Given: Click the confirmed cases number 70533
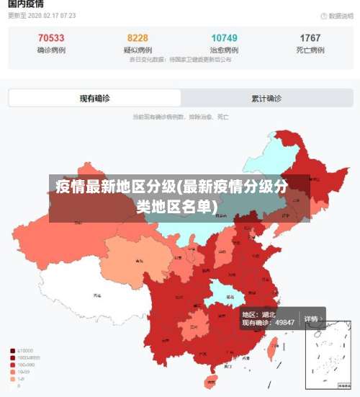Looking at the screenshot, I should pyautogui.click(x=50, y=37).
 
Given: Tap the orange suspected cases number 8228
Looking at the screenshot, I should pyautogui.click(x=138, y=37).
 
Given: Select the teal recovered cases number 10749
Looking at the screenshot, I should pyautogui.click(x=224, y=37).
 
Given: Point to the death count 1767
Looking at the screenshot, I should pyautogui.click(x=310, y=37).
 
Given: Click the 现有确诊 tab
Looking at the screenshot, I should pyautogui.click(x=95, y=98).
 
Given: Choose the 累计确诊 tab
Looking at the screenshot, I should pyautogui.click(x=266, y=98).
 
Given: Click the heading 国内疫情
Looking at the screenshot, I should pyautogui.click(x=26, y=4).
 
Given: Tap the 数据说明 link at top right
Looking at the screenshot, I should pyautogui.click(x=335, y=15).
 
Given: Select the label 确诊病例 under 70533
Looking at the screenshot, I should pyautogui.click(x=50, y=50).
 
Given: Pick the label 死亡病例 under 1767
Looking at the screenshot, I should pyautogui.click(x=310, y=50).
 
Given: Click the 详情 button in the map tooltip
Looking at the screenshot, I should pyautogui.click(x=311, y=318).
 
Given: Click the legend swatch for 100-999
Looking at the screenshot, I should pyautogui.click(x=13, y=365).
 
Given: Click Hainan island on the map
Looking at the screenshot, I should pyautogui.click(x=210, y=380).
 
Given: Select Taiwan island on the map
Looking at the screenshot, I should pyautogui.click(x=272, y=349).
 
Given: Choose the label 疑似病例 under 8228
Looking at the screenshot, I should pyautogui.click(x=138, y=50).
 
